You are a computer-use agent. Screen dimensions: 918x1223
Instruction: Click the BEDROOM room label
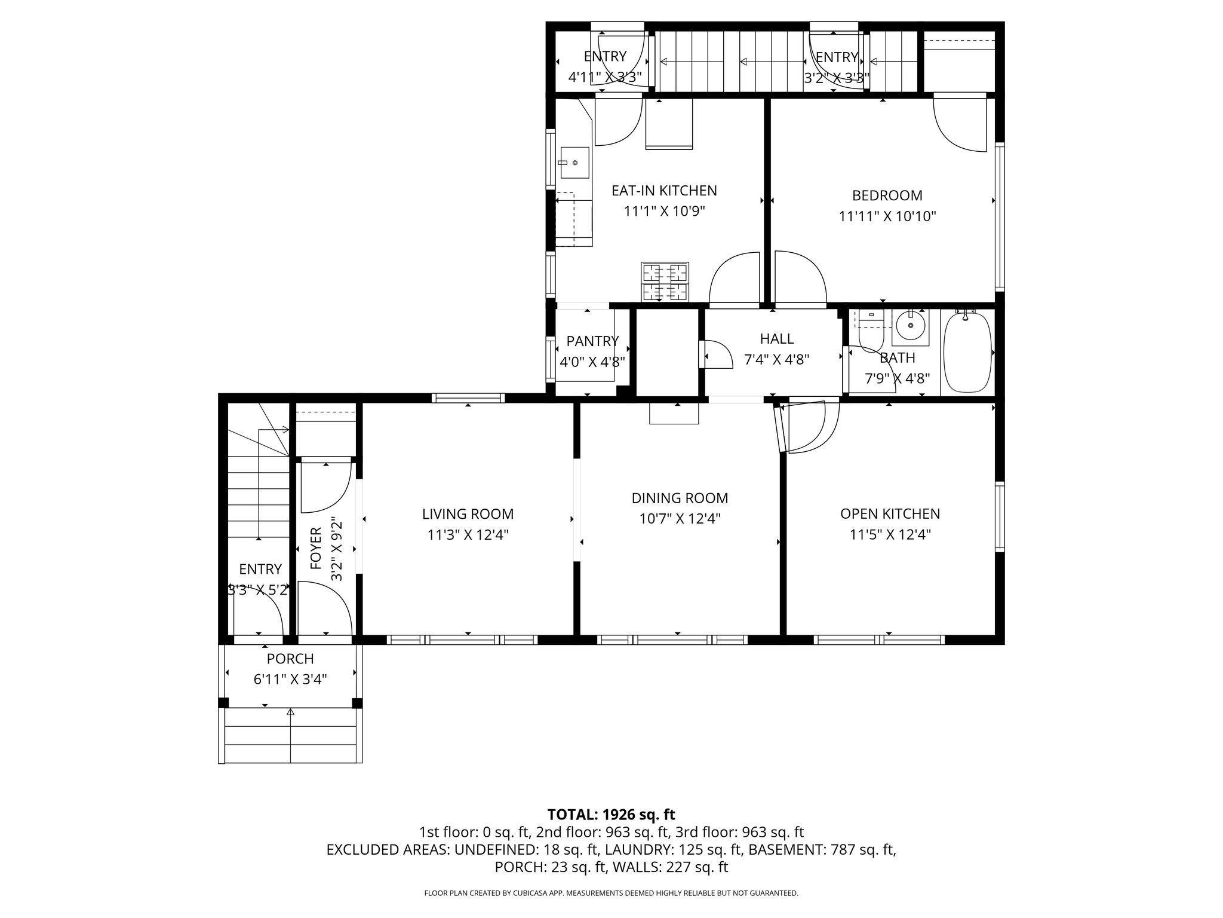point(887,195)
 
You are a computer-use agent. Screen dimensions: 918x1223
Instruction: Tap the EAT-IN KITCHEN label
point(664,191)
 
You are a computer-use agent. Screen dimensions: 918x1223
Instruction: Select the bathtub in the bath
point(967,352)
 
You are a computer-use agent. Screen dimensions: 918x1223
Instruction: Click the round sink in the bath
point(911,326)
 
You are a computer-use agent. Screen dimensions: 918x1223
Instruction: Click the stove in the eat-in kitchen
point(665,282)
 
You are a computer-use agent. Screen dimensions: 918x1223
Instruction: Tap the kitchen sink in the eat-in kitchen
point(574,163)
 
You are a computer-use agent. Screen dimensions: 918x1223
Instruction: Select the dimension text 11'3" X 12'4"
point(468,535)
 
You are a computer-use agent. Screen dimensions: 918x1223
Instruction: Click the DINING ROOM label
point(680,498)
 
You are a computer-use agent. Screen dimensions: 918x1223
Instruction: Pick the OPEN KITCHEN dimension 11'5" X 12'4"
point(890,534)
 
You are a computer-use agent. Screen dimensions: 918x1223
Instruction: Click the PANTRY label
point(592,341)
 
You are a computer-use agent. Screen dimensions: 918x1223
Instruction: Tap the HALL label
point(776,339)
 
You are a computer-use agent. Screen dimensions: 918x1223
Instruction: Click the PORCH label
point(290,659)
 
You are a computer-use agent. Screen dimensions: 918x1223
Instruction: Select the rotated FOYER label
point(316,547)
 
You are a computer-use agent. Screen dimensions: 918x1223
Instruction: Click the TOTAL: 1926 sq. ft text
point(611,814)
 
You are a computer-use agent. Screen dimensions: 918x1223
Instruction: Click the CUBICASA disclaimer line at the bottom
point(611,893)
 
